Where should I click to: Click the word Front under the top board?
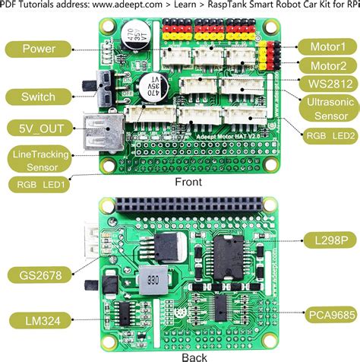(x=189, y=183)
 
